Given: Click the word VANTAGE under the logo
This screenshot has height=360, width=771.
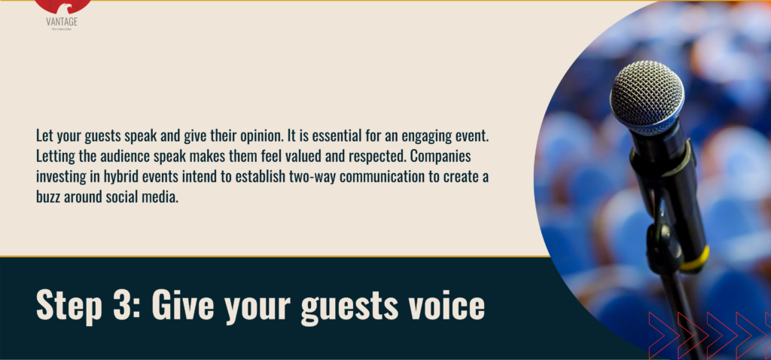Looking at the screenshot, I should [x=62, y=22].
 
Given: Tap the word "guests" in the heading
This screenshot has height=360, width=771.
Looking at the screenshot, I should [x=337, y=307].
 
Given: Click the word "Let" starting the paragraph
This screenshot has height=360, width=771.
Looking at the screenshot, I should [x=44, y=137].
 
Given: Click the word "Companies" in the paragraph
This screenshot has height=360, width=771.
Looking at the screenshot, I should [x=455, y=156].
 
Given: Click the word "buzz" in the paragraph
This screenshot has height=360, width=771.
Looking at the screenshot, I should [x=51, y=194].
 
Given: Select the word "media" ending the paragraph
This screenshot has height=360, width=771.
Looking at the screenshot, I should [x=162, y=194].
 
